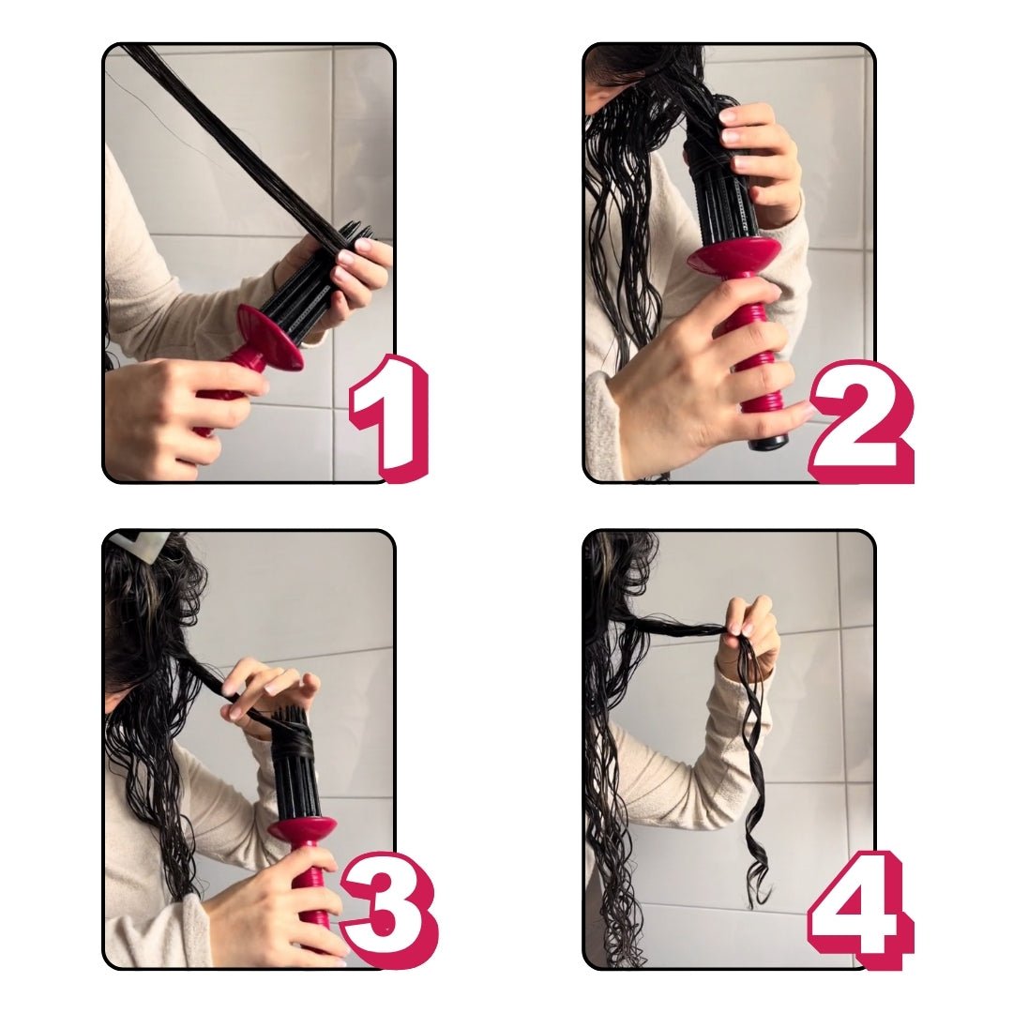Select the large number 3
[x=386, y=905]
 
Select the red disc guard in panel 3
[x=302, y=828]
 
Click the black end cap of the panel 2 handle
[x=768, y=440]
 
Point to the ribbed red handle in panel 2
[x=755, y=356]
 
